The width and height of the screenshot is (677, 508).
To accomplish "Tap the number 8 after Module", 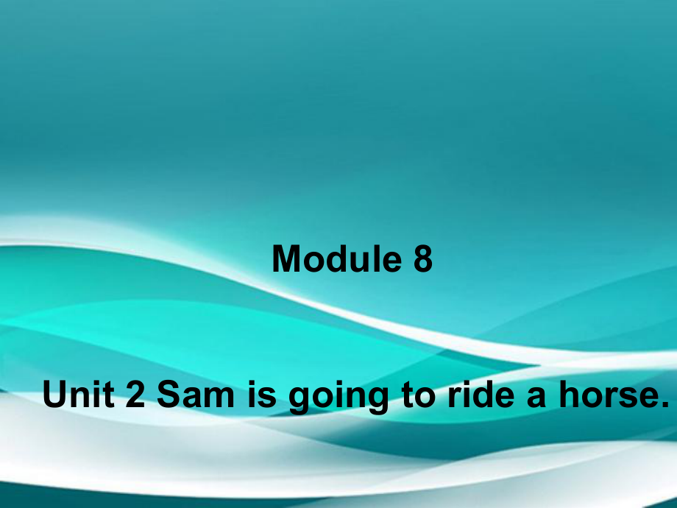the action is point(422,258).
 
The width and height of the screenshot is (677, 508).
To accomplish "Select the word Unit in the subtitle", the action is point(79,394).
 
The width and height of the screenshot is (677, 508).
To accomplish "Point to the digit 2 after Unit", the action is point(135,394).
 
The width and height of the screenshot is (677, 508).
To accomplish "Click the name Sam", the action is point(195,394).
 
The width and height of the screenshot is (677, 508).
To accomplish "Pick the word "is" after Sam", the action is point(262,394).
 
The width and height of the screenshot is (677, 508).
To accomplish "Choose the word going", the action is point(338,398).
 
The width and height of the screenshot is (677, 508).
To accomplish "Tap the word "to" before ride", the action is point(418,395).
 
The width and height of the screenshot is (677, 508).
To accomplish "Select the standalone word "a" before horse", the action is point(536,398).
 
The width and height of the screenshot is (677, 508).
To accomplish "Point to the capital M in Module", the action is point(287,258).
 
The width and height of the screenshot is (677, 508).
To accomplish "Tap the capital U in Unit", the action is point(55,394).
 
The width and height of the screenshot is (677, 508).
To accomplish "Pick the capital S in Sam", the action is point(169,394).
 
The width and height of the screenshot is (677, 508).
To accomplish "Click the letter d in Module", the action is point(341,258).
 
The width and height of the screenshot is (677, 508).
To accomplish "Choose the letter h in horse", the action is point(570,394).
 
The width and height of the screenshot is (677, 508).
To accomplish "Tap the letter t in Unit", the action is point(109,395).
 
